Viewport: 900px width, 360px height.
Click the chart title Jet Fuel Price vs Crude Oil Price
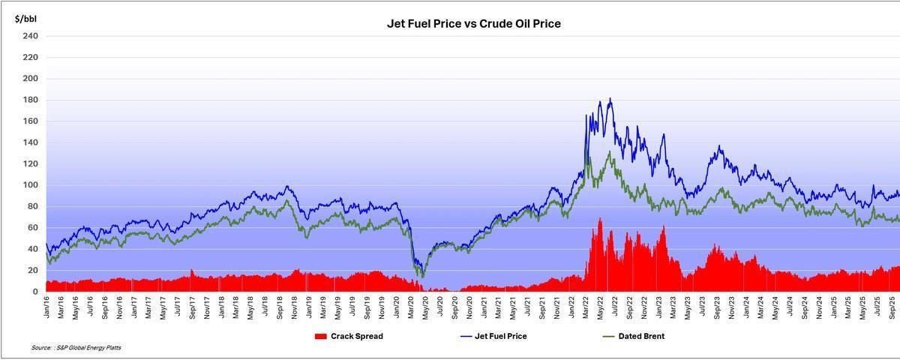click(473, 24)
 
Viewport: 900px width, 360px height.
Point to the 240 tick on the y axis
click(31, 36)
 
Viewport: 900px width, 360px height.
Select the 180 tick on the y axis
click(31, 100)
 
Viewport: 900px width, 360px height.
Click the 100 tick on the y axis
click(31, 186)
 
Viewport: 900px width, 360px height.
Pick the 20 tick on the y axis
click(33, 271)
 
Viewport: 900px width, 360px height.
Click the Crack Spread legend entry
click(356, 336)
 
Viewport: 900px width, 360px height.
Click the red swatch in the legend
click(321, 336)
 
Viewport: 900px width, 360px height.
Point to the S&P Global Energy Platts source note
click(76, 348)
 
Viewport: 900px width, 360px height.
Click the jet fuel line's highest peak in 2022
click(610, 98)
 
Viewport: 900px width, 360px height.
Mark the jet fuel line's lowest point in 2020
click(421, 274)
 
